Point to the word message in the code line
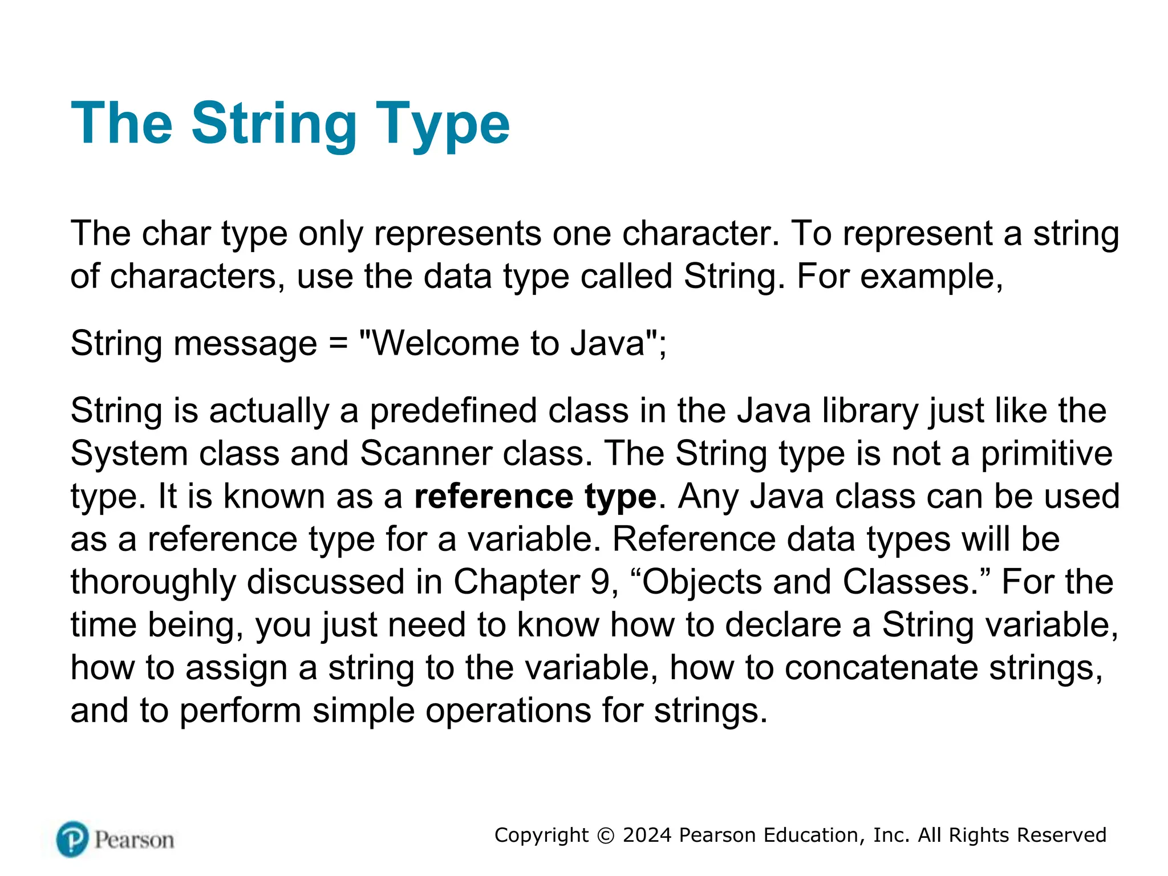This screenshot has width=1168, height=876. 245,345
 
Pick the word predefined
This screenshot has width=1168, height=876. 453,411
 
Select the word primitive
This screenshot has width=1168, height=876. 1047,454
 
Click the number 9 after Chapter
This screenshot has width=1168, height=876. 600,582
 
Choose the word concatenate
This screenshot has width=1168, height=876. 881,668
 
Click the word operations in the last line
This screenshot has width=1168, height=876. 508,711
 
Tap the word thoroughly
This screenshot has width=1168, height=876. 153,582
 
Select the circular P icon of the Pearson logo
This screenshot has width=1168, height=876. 72,839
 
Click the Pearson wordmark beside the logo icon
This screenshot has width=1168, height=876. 134,840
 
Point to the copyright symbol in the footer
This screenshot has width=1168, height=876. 605,836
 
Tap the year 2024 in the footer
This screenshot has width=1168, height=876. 647,836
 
